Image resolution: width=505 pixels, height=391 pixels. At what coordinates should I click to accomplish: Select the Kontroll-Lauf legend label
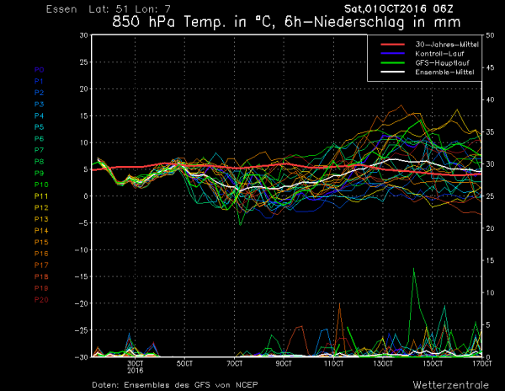point(436,55)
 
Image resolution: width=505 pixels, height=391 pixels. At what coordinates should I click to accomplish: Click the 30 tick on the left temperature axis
point(82,35)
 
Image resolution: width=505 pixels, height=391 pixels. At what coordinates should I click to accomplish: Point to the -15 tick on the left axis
point(81,276)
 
